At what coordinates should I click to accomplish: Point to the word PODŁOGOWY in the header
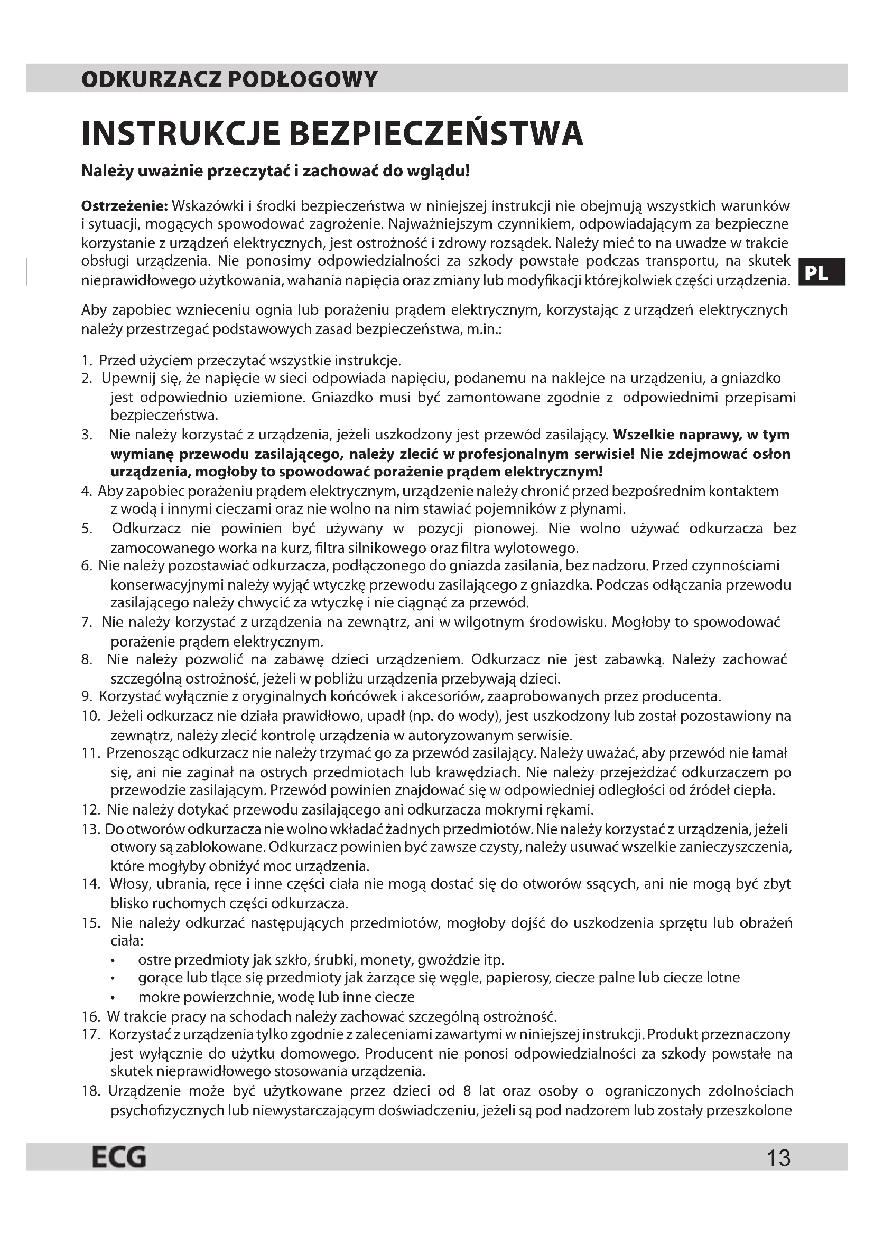303,80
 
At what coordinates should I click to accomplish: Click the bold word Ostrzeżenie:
125,206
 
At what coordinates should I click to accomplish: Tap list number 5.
87,529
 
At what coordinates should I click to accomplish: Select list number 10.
91,716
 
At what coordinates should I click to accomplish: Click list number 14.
91,884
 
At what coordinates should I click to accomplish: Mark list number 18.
91,1091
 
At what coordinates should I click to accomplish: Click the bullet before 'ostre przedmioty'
113,960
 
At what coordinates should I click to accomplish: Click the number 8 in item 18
467,1091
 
